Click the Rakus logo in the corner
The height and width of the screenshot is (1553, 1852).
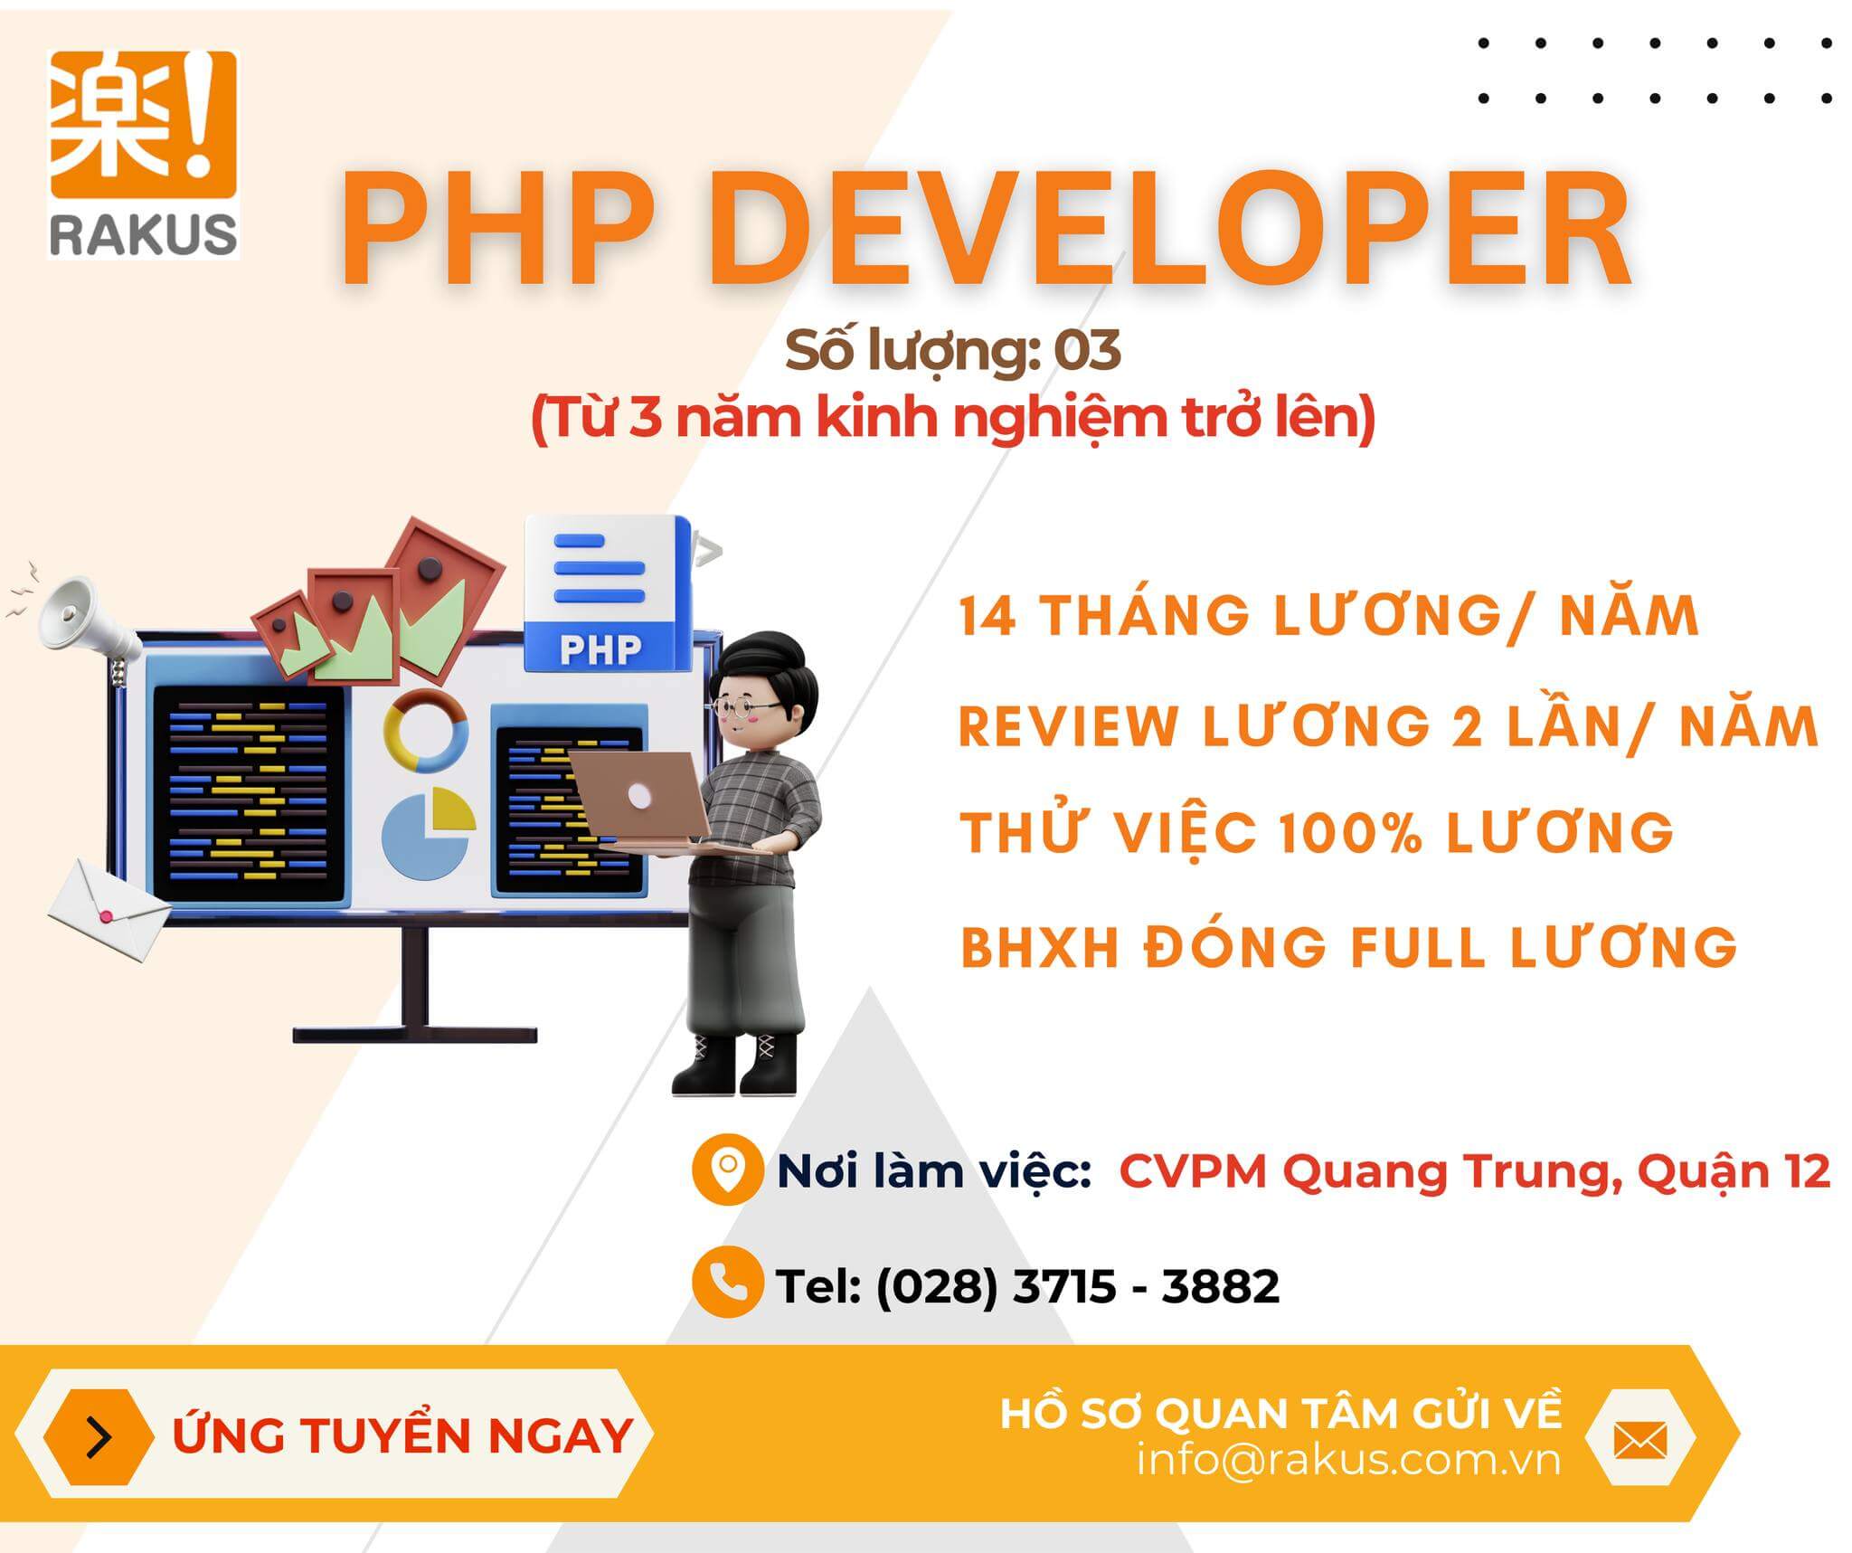pyautogui.click(x=143, y=155)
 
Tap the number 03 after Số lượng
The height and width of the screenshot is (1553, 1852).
pyautogui.click(x=1087, y=351)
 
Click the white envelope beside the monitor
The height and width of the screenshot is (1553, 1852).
pyautogui.click(x=109, y=909)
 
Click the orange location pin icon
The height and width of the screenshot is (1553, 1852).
pyautogui.click(x=727, y=1169)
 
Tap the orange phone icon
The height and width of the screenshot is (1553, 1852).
pyautogui.click(x=727, y=1282)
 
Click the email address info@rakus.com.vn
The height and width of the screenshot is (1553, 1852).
pyautogui.click(x=1348, y=1460)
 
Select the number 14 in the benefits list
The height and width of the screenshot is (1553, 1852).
pyautogui.click(x=987, y=617)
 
